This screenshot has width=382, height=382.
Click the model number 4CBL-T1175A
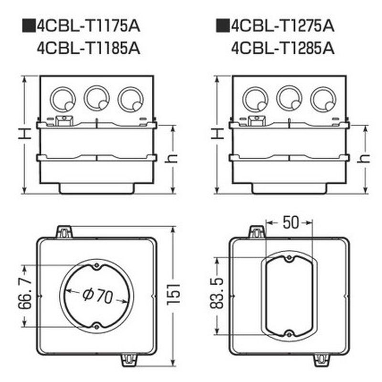pos(89,26)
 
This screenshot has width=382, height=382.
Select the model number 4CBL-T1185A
pos(89,48)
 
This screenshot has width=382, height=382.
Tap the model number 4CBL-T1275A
pos(283,26)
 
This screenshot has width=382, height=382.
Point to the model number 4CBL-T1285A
pos(283,48)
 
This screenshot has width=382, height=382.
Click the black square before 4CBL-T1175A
pos(29,26)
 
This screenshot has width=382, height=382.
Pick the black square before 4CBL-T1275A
pos(223,26)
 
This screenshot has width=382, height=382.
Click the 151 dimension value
pos(173,294)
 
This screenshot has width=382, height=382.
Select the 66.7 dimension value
pos(25,294)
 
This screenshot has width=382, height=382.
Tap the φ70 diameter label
pos(98,296)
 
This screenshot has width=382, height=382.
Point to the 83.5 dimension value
pos(217,293)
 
